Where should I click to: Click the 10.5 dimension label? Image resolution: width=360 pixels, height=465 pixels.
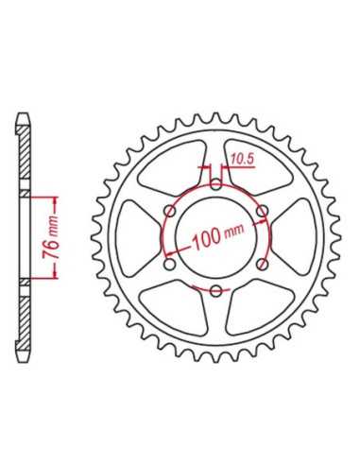[x=242, y=160]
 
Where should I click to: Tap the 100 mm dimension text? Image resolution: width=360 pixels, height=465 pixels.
[x=219, y=235]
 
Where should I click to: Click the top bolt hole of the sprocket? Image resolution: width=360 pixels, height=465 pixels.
[x=215, y=184]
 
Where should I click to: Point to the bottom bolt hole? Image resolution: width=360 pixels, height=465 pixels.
[x=215, y=291]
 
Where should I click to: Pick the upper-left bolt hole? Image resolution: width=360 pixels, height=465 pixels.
[x=170, y=211]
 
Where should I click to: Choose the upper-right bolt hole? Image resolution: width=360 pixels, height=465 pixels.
[x=262, y=211]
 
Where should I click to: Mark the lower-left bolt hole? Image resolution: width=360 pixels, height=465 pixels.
[x=170, y=265]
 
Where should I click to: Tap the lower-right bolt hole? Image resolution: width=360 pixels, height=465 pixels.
[x=262, y=265]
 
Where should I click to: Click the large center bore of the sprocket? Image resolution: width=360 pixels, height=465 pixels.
[x=215, y=238]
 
